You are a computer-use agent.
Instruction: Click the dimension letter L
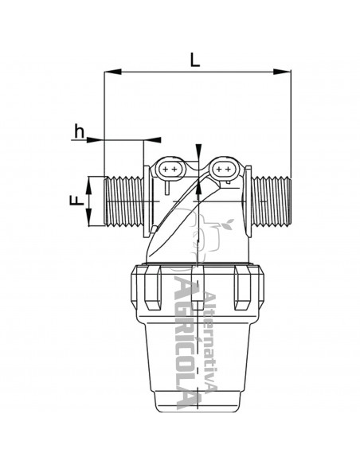tap(195, 60)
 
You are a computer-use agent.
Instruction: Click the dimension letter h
tap(79, 131)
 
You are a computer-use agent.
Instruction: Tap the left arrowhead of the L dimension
tap(112, 72)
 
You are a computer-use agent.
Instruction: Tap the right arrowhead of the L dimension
tap(282, 72)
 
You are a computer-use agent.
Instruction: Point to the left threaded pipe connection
tap(124, 201)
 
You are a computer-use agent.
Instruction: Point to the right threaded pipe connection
tap(271, 201)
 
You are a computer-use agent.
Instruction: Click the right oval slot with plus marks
tap(223, 170)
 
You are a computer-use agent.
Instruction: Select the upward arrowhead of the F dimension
tap(89, 185)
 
